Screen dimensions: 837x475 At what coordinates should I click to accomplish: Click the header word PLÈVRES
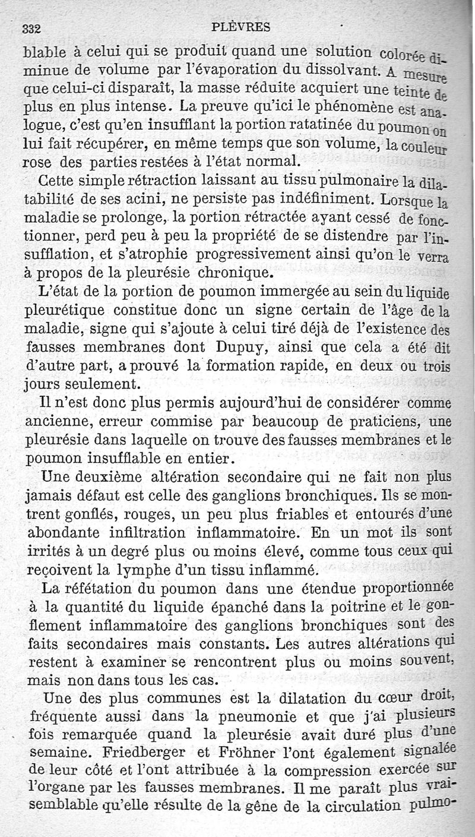pos(241,26)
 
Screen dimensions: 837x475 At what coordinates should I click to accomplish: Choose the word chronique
pos(236,274)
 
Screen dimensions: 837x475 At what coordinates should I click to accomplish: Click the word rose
pos(38,161)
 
